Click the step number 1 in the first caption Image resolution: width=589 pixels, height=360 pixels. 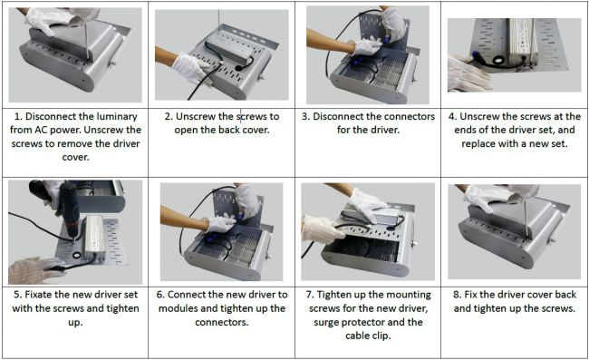tap(17, 116)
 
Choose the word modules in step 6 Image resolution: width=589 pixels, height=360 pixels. tap(175, 308)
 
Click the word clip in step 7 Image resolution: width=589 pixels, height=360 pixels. tap(381, 336)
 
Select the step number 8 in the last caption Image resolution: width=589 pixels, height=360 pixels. tap(457, 295)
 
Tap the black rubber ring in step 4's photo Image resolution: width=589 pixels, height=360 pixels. tap(499, 60)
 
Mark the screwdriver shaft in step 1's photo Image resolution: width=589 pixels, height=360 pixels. tap(86, 41)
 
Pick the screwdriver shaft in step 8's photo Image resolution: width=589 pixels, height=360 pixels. tap(526, 218)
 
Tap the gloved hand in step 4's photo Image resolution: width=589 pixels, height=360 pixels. tap(468, 73)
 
